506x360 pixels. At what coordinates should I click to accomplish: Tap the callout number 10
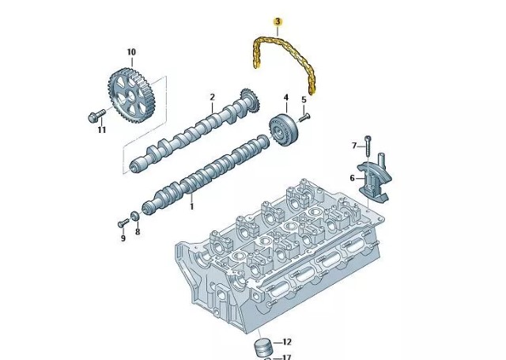tap(131, 52)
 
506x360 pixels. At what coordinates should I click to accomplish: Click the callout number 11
tap(101, 130)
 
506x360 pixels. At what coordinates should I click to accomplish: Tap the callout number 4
tap(285, 97)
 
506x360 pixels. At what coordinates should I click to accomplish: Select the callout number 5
tap(303, 99)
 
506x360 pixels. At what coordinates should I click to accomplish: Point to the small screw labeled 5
tap(305, 116)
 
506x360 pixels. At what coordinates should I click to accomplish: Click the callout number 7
tap(355, 145)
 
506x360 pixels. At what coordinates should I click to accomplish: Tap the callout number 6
tap(353, 177)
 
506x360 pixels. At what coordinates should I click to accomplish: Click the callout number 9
tap(123, 238)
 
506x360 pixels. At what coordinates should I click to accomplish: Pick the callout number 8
tap(137, 232)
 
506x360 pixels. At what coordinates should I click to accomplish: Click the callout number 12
tap(286, 342)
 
